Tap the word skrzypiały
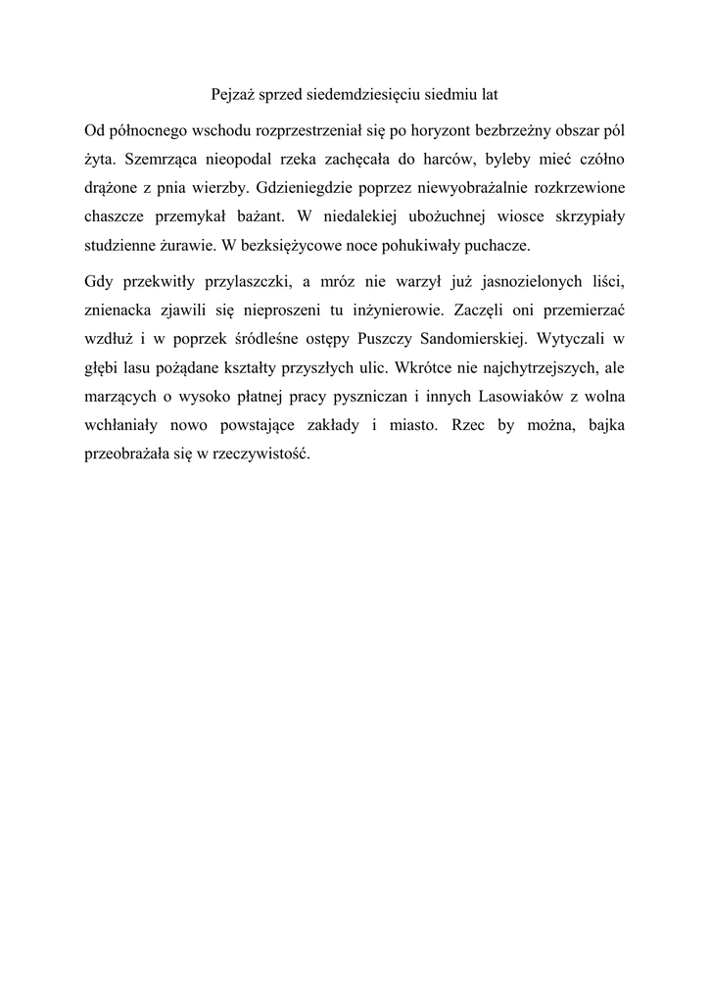(582, 213)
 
